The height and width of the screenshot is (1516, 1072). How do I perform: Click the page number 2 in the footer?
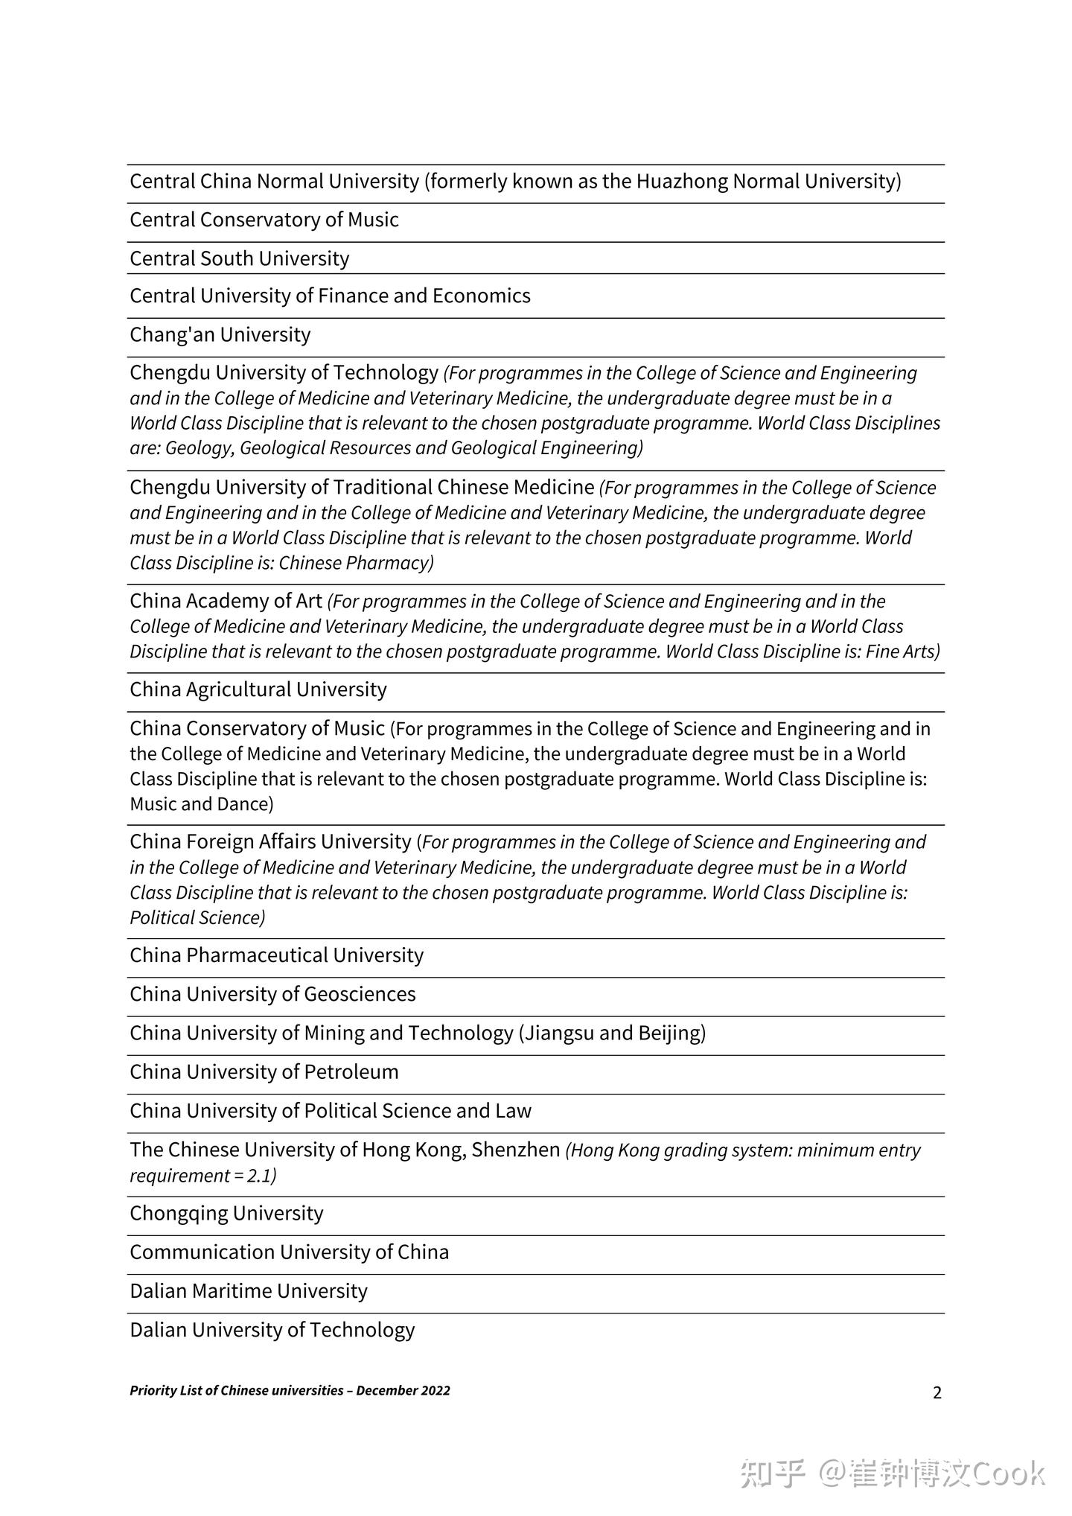[x=937, y=1392]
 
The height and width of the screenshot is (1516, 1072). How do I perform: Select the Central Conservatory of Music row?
[x=264, y=220]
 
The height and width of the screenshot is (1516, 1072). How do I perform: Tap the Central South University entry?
[x=239, y=258]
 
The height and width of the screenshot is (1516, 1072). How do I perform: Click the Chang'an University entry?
[x=220, y=334]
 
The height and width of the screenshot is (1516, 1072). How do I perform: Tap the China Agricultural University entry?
[x=258, y=689]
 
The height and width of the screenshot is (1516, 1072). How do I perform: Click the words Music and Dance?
[x=201, y=804]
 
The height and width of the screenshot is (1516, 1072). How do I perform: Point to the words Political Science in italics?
[x=197, y=918]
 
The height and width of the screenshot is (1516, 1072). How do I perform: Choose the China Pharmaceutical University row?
[x=276, y=955]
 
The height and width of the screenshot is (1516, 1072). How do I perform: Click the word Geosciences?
[x=360, y=994]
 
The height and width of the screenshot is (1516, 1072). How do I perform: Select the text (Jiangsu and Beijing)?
[x=612, y=1033]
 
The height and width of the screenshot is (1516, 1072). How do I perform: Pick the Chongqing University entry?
[x=226, y=1213]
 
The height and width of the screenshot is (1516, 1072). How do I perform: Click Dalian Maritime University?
[x=248, y=1290]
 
